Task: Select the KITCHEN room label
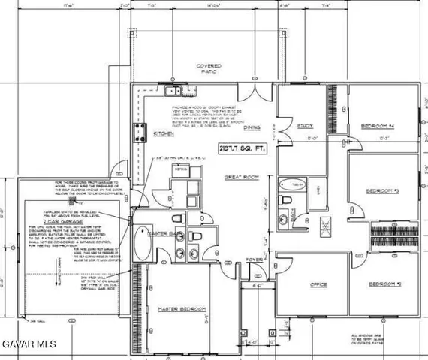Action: click(x=164, y=133)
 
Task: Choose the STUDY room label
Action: click(x=304, y=126)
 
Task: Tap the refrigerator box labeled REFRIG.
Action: click(x=179, y=170)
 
